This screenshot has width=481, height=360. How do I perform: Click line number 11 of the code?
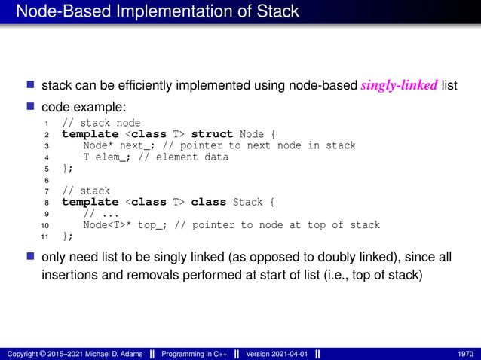pyautogui.click(x=44, y=236)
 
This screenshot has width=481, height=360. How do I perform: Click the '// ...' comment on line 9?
pyautogui.click(x=96, y=214)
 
